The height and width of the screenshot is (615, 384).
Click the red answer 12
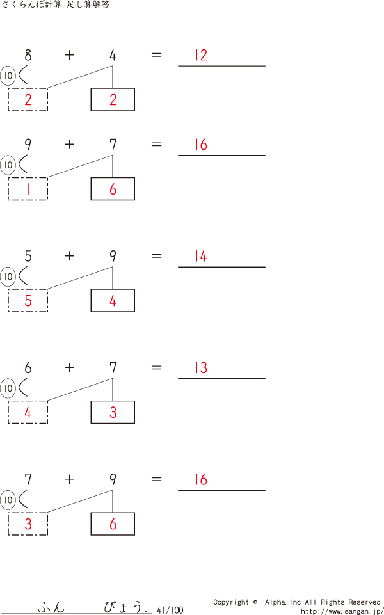tap(201, 55)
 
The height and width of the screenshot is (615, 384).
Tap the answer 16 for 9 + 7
tap(201, 145)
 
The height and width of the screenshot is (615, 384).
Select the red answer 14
tap(201, 257)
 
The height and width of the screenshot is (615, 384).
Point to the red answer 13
tap(201, 368)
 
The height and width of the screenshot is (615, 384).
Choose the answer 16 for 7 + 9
tap(201, 480)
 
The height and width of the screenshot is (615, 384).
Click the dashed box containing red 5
tap(28, 301)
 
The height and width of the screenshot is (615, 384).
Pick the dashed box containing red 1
tap(28, 189)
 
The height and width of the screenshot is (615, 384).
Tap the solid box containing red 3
tap(113, 412)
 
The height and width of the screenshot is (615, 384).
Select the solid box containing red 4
tap(113, 301)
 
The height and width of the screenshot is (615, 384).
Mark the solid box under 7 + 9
tap(113, 524)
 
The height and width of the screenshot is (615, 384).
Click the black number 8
tap(28, 55)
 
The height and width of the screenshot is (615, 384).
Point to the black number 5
tap(28, 257)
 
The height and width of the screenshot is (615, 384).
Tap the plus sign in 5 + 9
tap(69, 256)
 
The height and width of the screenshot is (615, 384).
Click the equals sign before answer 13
tap(156, 367)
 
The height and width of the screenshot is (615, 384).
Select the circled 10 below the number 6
tap(8, 388)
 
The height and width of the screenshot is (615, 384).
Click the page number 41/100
tap(170, 611)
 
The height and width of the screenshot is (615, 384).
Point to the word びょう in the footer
tap(125, 607)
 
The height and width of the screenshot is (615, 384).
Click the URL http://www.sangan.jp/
tap(342, 611)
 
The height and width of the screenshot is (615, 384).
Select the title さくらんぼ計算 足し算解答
tap(56, 5)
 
